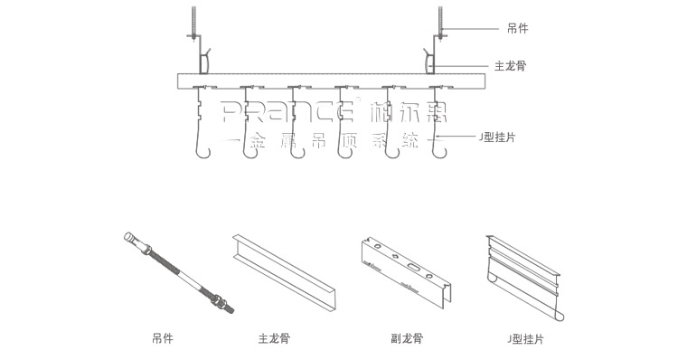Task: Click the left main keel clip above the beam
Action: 207,61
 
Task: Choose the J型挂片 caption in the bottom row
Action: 525,340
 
